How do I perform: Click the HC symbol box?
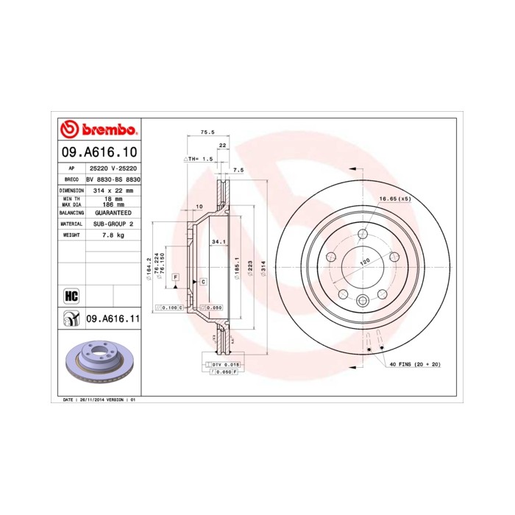click(x=71, y=296)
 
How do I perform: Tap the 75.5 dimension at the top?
click(x=207, y=132)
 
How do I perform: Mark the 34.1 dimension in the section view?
click(x=218, y=240)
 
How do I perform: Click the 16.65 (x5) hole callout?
click(x=394, y=199)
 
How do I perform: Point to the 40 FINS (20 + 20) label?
click(x=414, y=364)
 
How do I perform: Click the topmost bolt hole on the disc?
click(x=362, y=234)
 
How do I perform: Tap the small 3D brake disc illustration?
click(x=99, y=364)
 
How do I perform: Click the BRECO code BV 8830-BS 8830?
click(x=113, y=179)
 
